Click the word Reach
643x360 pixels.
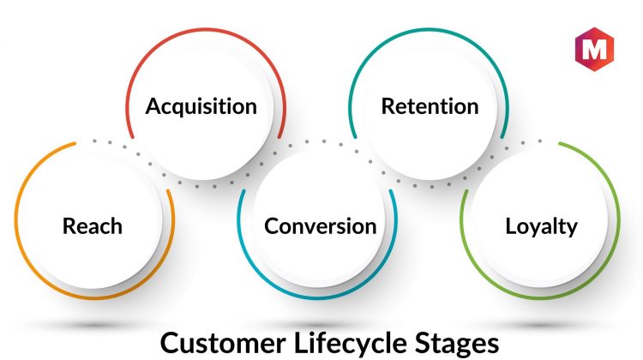tap(93, 226)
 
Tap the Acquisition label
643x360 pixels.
tap(201, 106)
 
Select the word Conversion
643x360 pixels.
tap(321, 226)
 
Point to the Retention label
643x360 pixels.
tap(430, 106)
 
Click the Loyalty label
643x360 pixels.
tap(541, 227)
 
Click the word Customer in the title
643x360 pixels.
tap(223, 343)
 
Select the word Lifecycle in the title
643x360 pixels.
tap(351, 344)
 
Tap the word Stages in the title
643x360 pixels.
tap(457, 345)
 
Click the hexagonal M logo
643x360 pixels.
tap(594, 49)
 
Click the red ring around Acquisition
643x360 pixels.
tap(205, 29)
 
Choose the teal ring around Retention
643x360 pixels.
tap(429, 29)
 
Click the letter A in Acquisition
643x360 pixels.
tap(153, 106)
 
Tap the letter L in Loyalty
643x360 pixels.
tap(511, 226)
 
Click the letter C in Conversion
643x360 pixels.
tap(272, 226)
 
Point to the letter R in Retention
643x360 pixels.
tap(388, 106)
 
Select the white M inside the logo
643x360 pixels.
tap(594, 49)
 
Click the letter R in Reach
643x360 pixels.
tap(69, 226)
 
